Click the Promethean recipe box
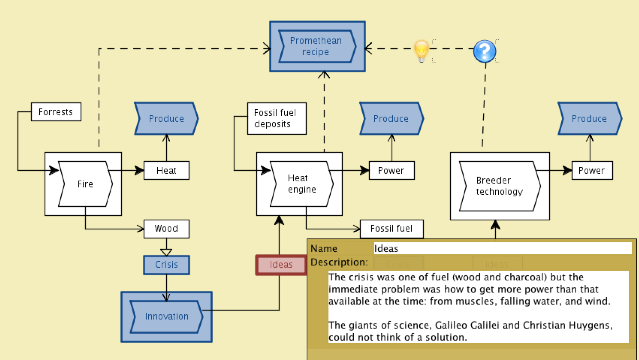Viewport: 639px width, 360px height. click(x=317, y=46)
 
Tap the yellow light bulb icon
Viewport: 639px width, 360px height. click(x=421, y=51)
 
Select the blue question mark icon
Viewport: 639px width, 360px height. click(x=484, y=51)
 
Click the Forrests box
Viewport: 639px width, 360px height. click(x=56, y=112)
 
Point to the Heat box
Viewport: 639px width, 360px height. click(x=166, y=170)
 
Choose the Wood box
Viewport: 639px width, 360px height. click(x=166, y=229)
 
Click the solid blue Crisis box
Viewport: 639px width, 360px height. click(x=166, y=265)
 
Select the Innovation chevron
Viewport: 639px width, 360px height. click(x=167, y=316)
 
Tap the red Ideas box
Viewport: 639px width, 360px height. click(x=281, y=265)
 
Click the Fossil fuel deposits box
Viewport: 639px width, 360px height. click(x=277, y=119)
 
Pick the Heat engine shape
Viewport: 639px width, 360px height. click(x=302, y=184)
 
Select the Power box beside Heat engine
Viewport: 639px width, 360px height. click(x=392, y=170)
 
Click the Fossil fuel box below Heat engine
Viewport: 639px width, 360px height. click(x=392, y=229)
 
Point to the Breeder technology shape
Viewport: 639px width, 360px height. click(x=499, y=186)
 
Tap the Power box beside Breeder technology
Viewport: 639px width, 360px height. click(x=592, y=170)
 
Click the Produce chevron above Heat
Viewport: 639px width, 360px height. click(x=166, y=119)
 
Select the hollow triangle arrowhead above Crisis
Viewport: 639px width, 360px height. click(x=166, y=252)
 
